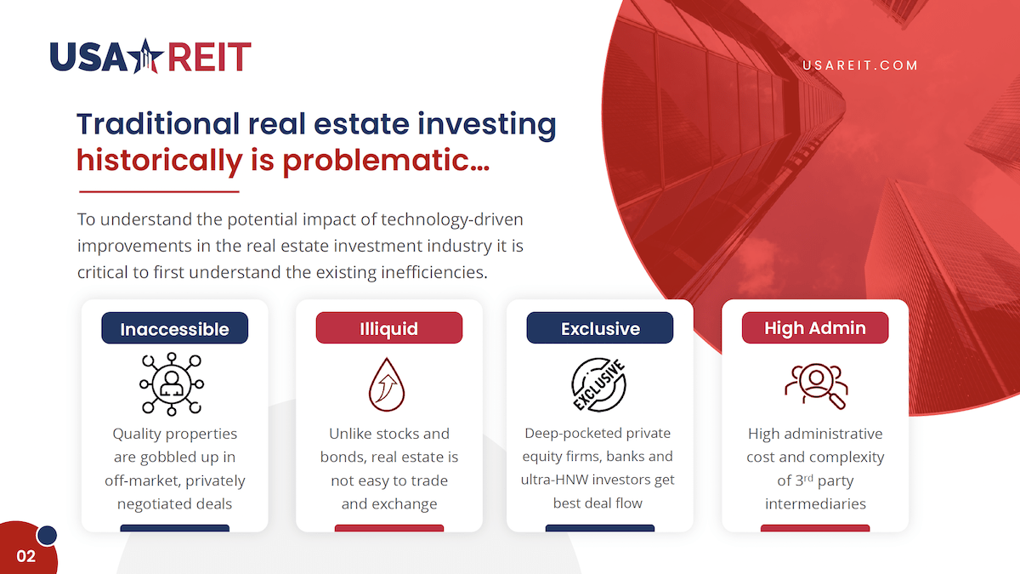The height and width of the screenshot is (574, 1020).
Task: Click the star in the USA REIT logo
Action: click(145, 56)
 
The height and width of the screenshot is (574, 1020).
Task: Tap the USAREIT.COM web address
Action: click(859, 65)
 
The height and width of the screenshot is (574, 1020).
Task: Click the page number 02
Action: click(26, 556)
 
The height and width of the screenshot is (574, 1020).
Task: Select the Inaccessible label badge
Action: click(175, 328)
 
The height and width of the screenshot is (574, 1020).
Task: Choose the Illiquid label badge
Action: click(389, 328)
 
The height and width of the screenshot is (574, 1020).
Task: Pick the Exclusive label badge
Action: click(600, 328)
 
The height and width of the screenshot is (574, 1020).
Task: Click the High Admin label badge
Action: click(815, 328)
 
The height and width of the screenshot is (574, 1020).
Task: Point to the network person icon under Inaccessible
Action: click(172, 384)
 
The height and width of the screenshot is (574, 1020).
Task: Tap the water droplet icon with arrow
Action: click(387, 385)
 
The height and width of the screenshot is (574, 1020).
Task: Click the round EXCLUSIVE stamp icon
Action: click(599, 385)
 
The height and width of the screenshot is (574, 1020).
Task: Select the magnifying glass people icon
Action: click(816, 386)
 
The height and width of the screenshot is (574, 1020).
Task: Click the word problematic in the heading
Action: click(386, 161)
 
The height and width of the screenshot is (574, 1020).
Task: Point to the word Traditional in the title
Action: click(158, 124)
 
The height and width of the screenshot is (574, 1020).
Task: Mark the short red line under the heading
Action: click(159, 192)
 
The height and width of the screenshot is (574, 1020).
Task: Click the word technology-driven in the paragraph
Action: click(451, 220)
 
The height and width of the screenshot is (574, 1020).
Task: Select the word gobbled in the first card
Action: click(167, 457)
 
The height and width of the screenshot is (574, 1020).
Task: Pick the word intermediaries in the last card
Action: click(815, 503)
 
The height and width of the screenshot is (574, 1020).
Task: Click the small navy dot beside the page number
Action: click(47, 535)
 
